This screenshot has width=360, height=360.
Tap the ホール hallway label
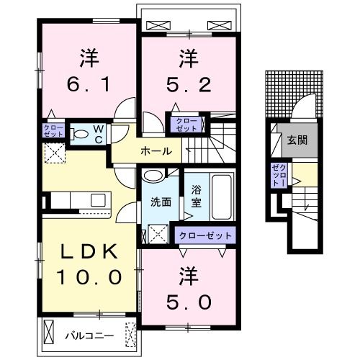point(156,151)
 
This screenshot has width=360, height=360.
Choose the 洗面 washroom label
point(160,202)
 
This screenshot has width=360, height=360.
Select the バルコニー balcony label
point(89,336)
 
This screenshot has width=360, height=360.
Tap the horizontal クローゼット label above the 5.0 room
point(206,235)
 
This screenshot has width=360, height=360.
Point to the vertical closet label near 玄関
point(278,176)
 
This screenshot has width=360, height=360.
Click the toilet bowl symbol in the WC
point(81,132)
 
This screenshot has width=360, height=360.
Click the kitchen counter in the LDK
point(76,200)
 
